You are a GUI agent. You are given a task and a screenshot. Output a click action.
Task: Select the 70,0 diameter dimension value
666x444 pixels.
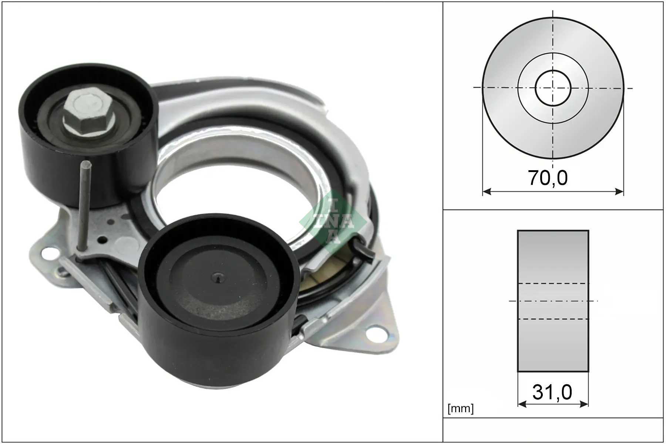[x=548, y=178]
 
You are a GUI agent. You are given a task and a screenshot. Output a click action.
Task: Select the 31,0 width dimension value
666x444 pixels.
[x=552, y=392]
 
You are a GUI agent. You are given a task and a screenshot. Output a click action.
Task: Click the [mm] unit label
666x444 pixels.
[x=460, y=408]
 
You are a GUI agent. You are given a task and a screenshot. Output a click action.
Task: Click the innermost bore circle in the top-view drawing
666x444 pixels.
[x=553, y=88]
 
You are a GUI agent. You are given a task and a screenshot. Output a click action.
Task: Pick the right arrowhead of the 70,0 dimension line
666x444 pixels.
[x=619, y=191]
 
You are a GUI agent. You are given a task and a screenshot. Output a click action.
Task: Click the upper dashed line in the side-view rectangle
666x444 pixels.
[x=553, y=283]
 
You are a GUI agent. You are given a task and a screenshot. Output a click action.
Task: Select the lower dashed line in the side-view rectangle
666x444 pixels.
[x=553, y=319]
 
